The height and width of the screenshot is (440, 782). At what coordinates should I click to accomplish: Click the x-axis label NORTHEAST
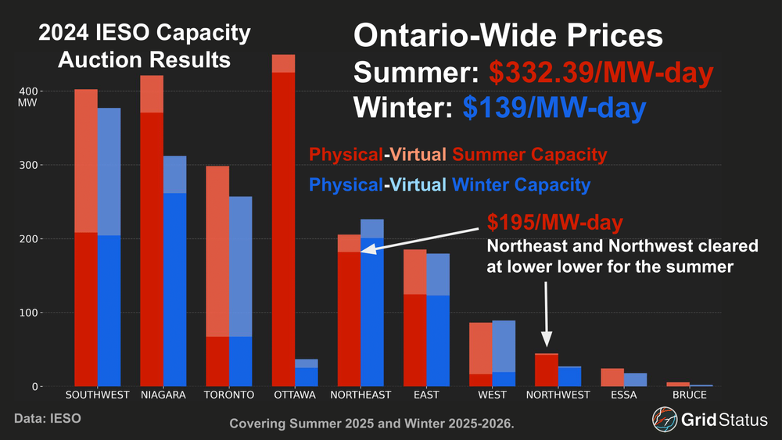point(361,395)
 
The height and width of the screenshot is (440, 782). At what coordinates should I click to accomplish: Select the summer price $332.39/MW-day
point(601,73)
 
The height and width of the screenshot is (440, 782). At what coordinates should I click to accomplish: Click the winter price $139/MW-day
point(554,108)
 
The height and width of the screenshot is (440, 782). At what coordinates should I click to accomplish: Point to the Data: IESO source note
point(47,419)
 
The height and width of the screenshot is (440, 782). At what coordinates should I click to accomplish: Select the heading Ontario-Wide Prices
point(508,36)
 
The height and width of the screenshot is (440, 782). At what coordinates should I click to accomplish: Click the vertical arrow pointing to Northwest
point(547,313)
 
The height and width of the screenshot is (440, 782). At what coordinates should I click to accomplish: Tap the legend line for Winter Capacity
point(450,185)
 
